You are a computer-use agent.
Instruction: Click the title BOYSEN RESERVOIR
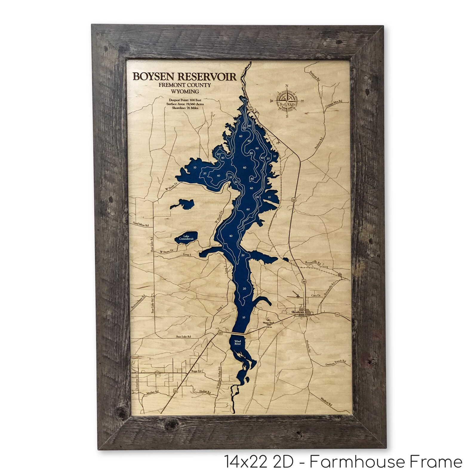184,77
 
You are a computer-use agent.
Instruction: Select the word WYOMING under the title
184,91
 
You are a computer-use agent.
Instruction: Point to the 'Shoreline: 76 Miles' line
185,108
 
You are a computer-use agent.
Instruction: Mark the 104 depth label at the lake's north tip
244,99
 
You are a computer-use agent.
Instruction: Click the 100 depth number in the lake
244,128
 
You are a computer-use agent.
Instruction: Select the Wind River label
238,342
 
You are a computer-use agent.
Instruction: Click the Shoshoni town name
297,312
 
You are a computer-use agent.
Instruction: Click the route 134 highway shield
157,373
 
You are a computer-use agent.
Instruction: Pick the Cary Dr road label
316,295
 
